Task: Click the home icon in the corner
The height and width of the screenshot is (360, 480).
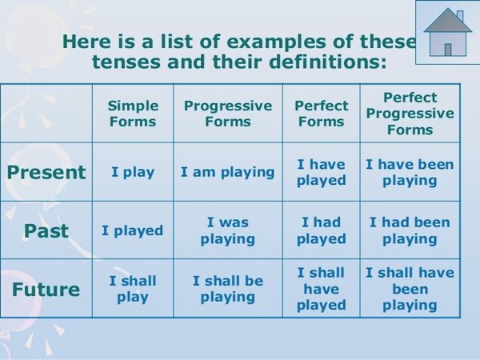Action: click(x=447, y=33)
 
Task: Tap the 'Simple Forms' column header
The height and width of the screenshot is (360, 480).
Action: click(x=133, y=114)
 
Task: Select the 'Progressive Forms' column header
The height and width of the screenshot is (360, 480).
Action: click(x=228, y=114)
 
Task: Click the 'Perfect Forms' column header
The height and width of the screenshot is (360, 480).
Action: click(x=321, y=114)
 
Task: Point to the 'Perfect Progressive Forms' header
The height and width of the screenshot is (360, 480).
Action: click(x=410, y=114)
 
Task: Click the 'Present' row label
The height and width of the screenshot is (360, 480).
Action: click(x=46, y=172)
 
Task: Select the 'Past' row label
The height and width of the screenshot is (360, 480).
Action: click(x=46, y=230)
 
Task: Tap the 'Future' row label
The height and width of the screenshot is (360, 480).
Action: click(x=46, y=290)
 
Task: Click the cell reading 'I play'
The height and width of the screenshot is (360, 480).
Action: click(x=133, y=172)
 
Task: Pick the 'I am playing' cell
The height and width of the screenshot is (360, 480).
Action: click(x=228, y=172)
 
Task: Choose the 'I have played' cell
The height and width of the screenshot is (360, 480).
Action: click(x=321, y=172)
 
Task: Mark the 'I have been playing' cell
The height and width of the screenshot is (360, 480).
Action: click(x=410, y=172)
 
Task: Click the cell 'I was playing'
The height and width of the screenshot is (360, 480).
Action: click(x=228, y=230)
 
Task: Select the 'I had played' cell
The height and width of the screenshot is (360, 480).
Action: click(x=321, y=230)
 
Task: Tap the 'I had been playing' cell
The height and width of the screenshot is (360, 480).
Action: click(x=410, y=230)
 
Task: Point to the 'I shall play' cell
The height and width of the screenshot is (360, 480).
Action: click(x=133, y=289)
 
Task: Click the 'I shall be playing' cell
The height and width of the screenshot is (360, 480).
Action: click(x=228, y=289)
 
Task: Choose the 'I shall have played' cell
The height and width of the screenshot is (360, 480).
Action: click(x=321, y=289)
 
